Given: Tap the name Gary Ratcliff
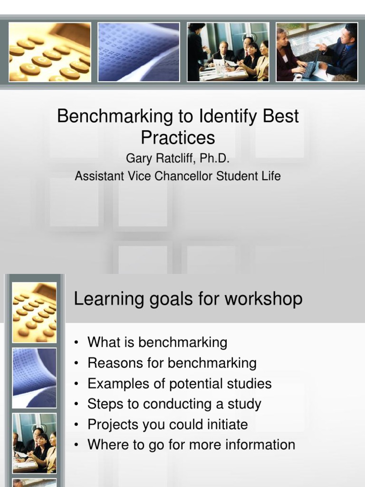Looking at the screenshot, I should click(155, 158).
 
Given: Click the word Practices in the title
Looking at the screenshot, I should click(178, 138).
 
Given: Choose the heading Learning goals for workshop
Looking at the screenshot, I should click(188, 299).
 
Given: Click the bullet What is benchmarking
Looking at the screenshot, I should click(157, 342).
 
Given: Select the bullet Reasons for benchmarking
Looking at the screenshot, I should click(172, 363).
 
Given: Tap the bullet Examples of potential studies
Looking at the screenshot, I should click(179, 384).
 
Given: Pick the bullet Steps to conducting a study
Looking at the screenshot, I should click(174, 404).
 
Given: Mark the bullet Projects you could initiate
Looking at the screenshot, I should click(167, 425).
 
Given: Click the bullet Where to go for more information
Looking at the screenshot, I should click(191, 445).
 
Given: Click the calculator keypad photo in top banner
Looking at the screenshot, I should click(49, 52).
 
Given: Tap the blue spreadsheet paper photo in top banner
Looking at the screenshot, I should click(139, 52).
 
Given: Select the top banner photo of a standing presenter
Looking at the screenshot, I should click(228, 52).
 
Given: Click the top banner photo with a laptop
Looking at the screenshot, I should click(317, 52).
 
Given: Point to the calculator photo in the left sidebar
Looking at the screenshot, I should click(34, 312).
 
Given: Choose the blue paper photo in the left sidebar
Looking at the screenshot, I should click(34, 378).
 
